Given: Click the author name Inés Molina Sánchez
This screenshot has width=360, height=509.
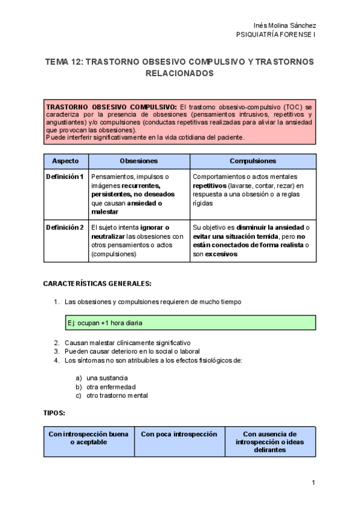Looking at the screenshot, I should point(285,26).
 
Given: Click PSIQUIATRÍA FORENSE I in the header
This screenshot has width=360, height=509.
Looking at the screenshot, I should point(277,35).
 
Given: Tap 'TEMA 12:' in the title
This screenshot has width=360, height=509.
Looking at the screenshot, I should point(64,62).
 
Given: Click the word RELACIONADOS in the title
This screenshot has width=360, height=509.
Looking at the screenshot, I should point(179,73).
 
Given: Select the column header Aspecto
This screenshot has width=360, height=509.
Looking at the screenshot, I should point(66,161).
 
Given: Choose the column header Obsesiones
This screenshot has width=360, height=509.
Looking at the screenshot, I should point(139,161).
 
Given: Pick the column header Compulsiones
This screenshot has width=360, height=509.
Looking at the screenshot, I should point(253,161).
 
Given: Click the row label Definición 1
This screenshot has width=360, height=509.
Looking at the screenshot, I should point(65,177).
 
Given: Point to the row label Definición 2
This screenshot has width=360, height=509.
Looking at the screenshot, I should point(65,227).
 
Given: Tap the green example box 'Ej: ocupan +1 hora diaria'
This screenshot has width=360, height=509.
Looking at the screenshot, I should point(190,323).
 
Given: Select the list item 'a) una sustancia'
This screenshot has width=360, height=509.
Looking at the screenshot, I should point(102,378).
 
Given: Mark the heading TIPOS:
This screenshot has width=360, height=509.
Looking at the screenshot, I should point(54,414).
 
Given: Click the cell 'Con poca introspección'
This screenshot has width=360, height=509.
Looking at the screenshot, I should point(179,434).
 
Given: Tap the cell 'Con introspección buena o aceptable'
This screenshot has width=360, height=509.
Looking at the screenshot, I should point(88,438).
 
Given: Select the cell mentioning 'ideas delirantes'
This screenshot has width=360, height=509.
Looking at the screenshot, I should point(270,442).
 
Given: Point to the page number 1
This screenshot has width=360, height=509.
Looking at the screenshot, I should point(313,483).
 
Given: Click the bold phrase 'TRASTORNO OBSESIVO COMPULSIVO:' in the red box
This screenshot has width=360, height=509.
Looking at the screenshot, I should point(111,107).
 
